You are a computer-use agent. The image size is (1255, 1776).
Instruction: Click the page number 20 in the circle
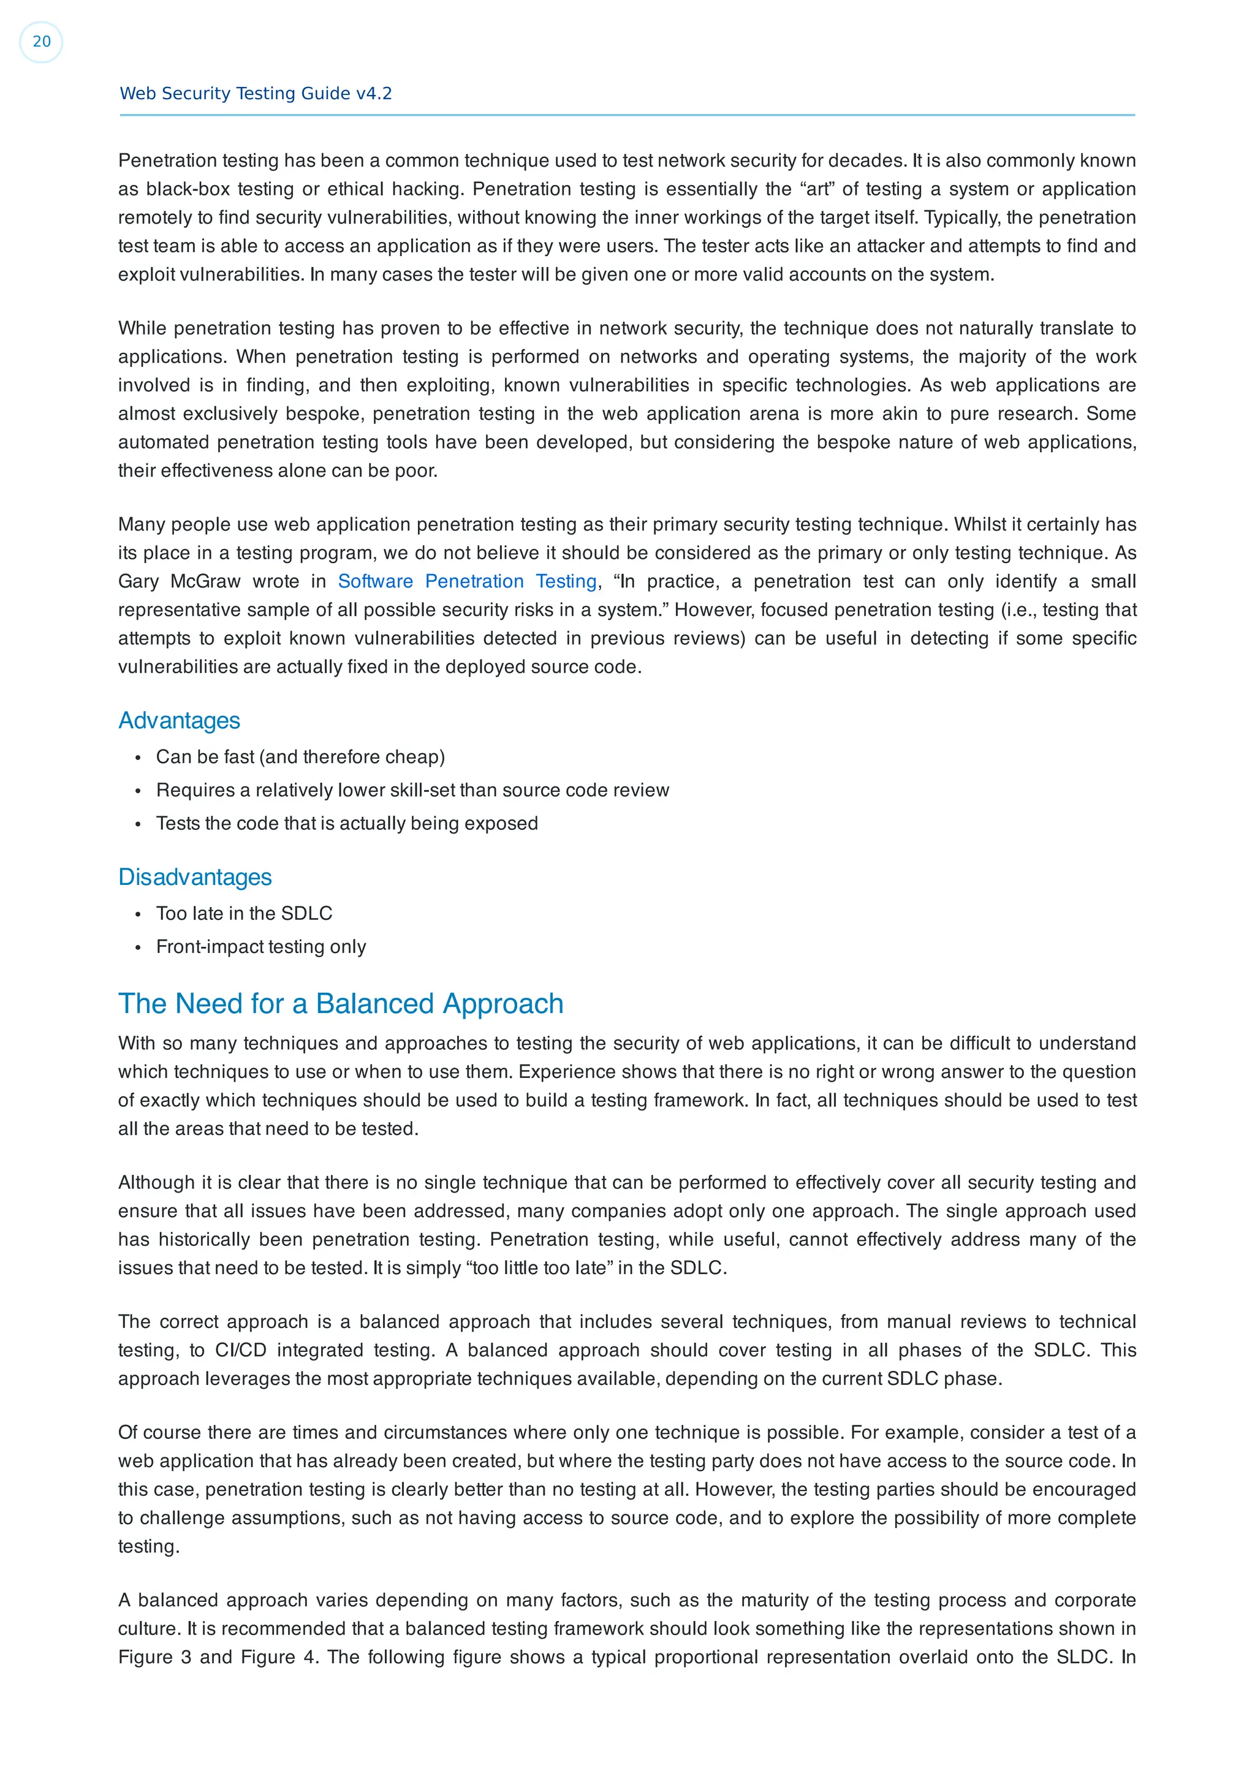coord(41,42)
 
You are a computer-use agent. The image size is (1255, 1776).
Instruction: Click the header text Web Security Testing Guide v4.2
coord(255,94)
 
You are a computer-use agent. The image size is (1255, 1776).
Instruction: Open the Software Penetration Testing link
coord(467,581)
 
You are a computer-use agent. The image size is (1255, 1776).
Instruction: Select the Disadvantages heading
coord(195,877)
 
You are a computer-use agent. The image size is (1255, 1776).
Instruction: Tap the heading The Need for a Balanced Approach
coord(340,1003)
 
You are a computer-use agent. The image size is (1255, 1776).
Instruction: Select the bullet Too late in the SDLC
coord(243,914)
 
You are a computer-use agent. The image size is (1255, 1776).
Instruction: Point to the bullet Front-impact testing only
coord(260,947)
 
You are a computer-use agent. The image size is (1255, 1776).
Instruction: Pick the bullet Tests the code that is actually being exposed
coord(346,823)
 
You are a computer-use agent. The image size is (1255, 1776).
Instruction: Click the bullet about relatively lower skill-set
coord(412,790)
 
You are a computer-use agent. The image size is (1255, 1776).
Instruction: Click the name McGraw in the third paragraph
coord(206,581)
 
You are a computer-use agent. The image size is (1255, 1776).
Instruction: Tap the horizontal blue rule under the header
coord(627,115)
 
